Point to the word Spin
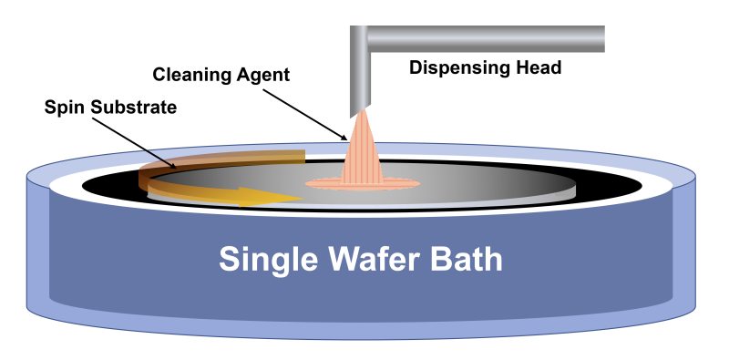coord(63,108)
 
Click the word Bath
coord(466,261)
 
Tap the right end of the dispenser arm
coord(599,38)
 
